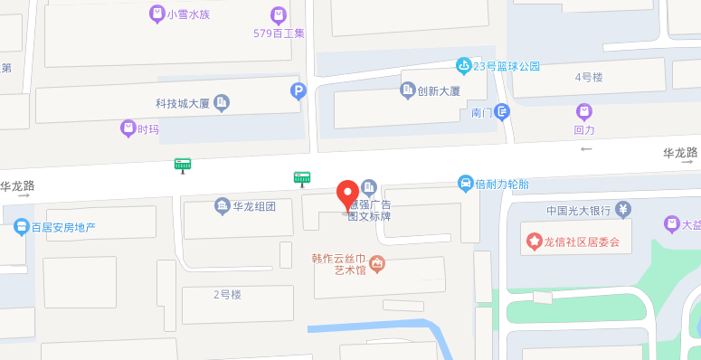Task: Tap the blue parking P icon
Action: pos(298,90)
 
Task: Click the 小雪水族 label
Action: pos(188,14)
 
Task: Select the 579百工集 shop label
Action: pos(279,33)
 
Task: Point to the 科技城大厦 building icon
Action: pos(222,103)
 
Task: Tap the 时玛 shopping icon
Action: pos(128,128)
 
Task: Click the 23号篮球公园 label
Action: pos(507,66)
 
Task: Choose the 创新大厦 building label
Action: pos(439,91)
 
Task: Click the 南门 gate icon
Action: pos(502,112)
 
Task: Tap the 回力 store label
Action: pos(584,129)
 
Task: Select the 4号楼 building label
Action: pos(589,77)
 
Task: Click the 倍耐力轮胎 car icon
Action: pos(466,184)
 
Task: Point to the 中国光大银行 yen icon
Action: pos(623,210)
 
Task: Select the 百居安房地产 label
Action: pos(63,227)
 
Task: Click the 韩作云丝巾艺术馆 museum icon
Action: pos(377,263)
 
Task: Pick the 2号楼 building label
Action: pos(227,294)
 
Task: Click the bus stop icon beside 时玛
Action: pos(183,165)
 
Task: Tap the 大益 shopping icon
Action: pos(671,223)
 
